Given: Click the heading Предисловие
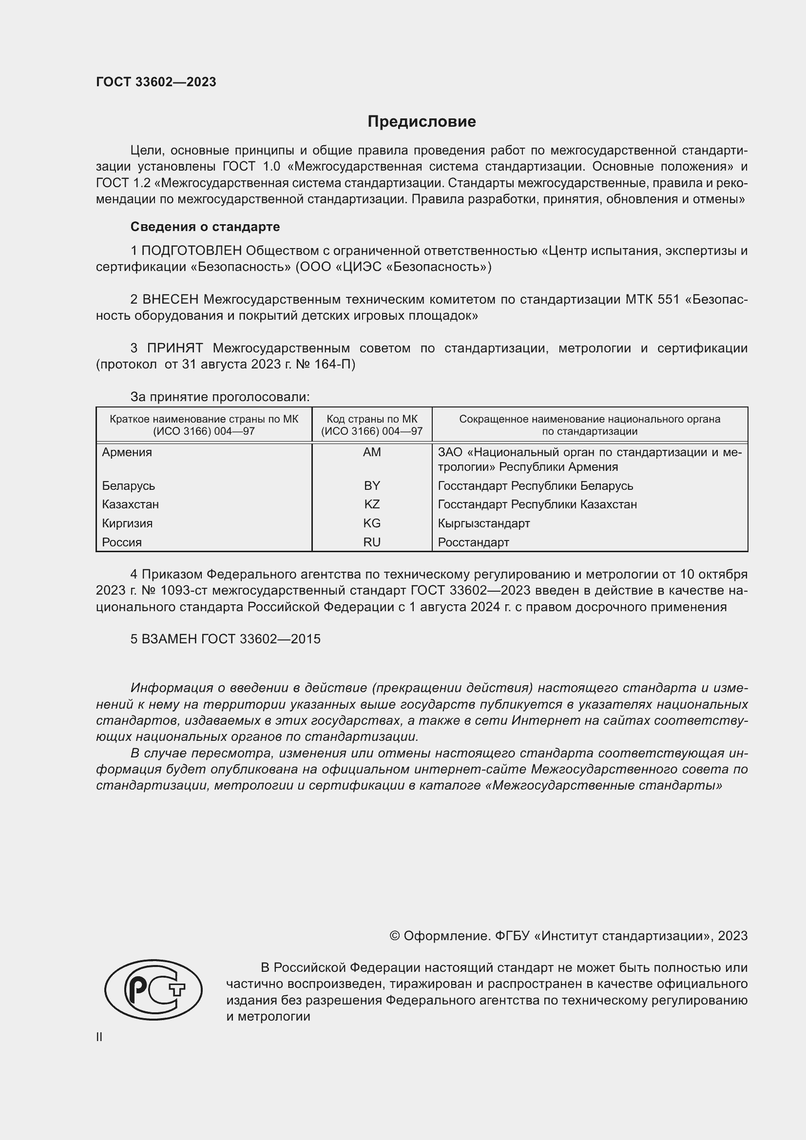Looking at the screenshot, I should pyautogui.click(x=422, y=122).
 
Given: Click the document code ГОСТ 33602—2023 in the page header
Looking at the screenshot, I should pyautogui.click(x=156, y=82).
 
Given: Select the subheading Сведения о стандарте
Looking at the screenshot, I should pyautogui.click(x=205, y=227).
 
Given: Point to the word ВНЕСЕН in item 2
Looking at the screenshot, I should pyautogui.click(x=170, y=299).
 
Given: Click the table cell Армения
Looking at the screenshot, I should pyautogui.click(x=127, y=452).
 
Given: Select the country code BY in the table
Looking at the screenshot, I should pyautogui.click(x=372, y=485).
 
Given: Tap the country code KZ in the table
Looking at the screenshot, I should pyautogui.click(x=372, y=504).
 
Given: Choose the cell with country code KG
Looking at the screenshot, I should pyautogui.click(x=372, y=523).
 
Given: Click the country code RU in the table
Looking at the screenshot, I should pyautogui.click(x=372, y=542).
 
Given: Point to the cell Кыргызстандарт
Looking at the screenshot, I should pyautogui.click(x=484, y=523).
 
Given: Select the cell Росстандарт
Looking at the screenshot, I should pyautogui.click(x=474, y=542).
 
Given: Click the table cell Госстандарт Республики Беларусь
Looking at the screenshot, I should pyautogui.click(x=536, y=485).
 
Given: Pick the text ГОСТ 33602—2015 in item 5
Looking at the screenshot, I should pyautogui.click(x=261, y=639).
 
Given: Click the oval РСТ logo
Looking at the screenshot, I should pyautogui.click(x=154, y=989).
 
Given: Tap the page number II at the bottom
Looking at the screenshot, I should pyautogui.click(x=99, y=1037).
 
